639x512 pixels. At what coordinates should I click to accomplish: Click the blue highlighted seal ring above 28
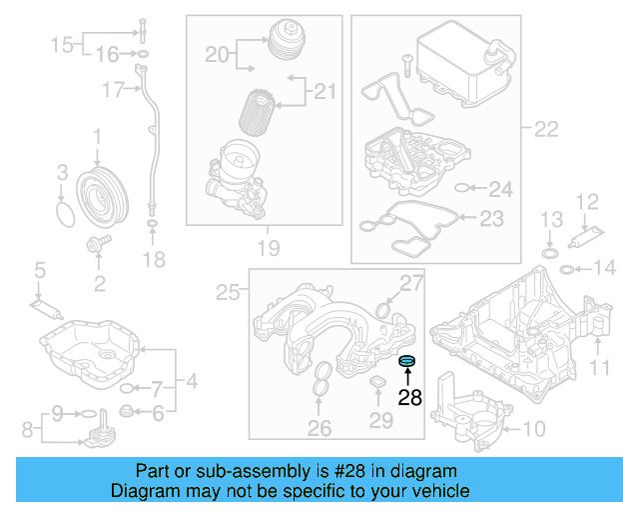click(x=407, y=361)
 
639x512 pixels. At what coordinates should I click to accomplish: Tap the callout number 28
click(x=409, y=397)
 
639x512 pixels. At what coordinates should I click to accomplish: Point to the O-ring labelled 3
click(x=64, y=215)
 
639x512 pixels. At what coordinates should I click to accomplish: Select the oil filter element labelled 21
click(x=262, y=113)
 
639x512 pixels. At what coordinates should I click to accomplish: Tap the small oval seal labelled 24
click(x=460, y=187)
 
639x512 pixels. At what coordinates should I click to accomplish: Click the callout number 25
click(x=228, y=292)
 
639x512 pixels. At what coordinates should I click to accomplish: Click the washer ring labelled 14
click(x=565, y=268)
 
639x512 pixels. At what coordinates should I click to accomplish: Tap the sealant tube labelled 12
click(x=583, y=239)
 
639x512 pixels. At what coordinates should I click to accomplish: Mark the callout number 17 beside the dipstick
click(x=112, y=90)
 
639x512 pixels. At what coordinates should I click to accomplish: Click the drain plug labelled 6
click(x=127, y=412)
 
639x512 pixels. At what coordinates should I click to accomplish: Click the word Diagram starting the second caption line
click(x=145, y=491)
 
